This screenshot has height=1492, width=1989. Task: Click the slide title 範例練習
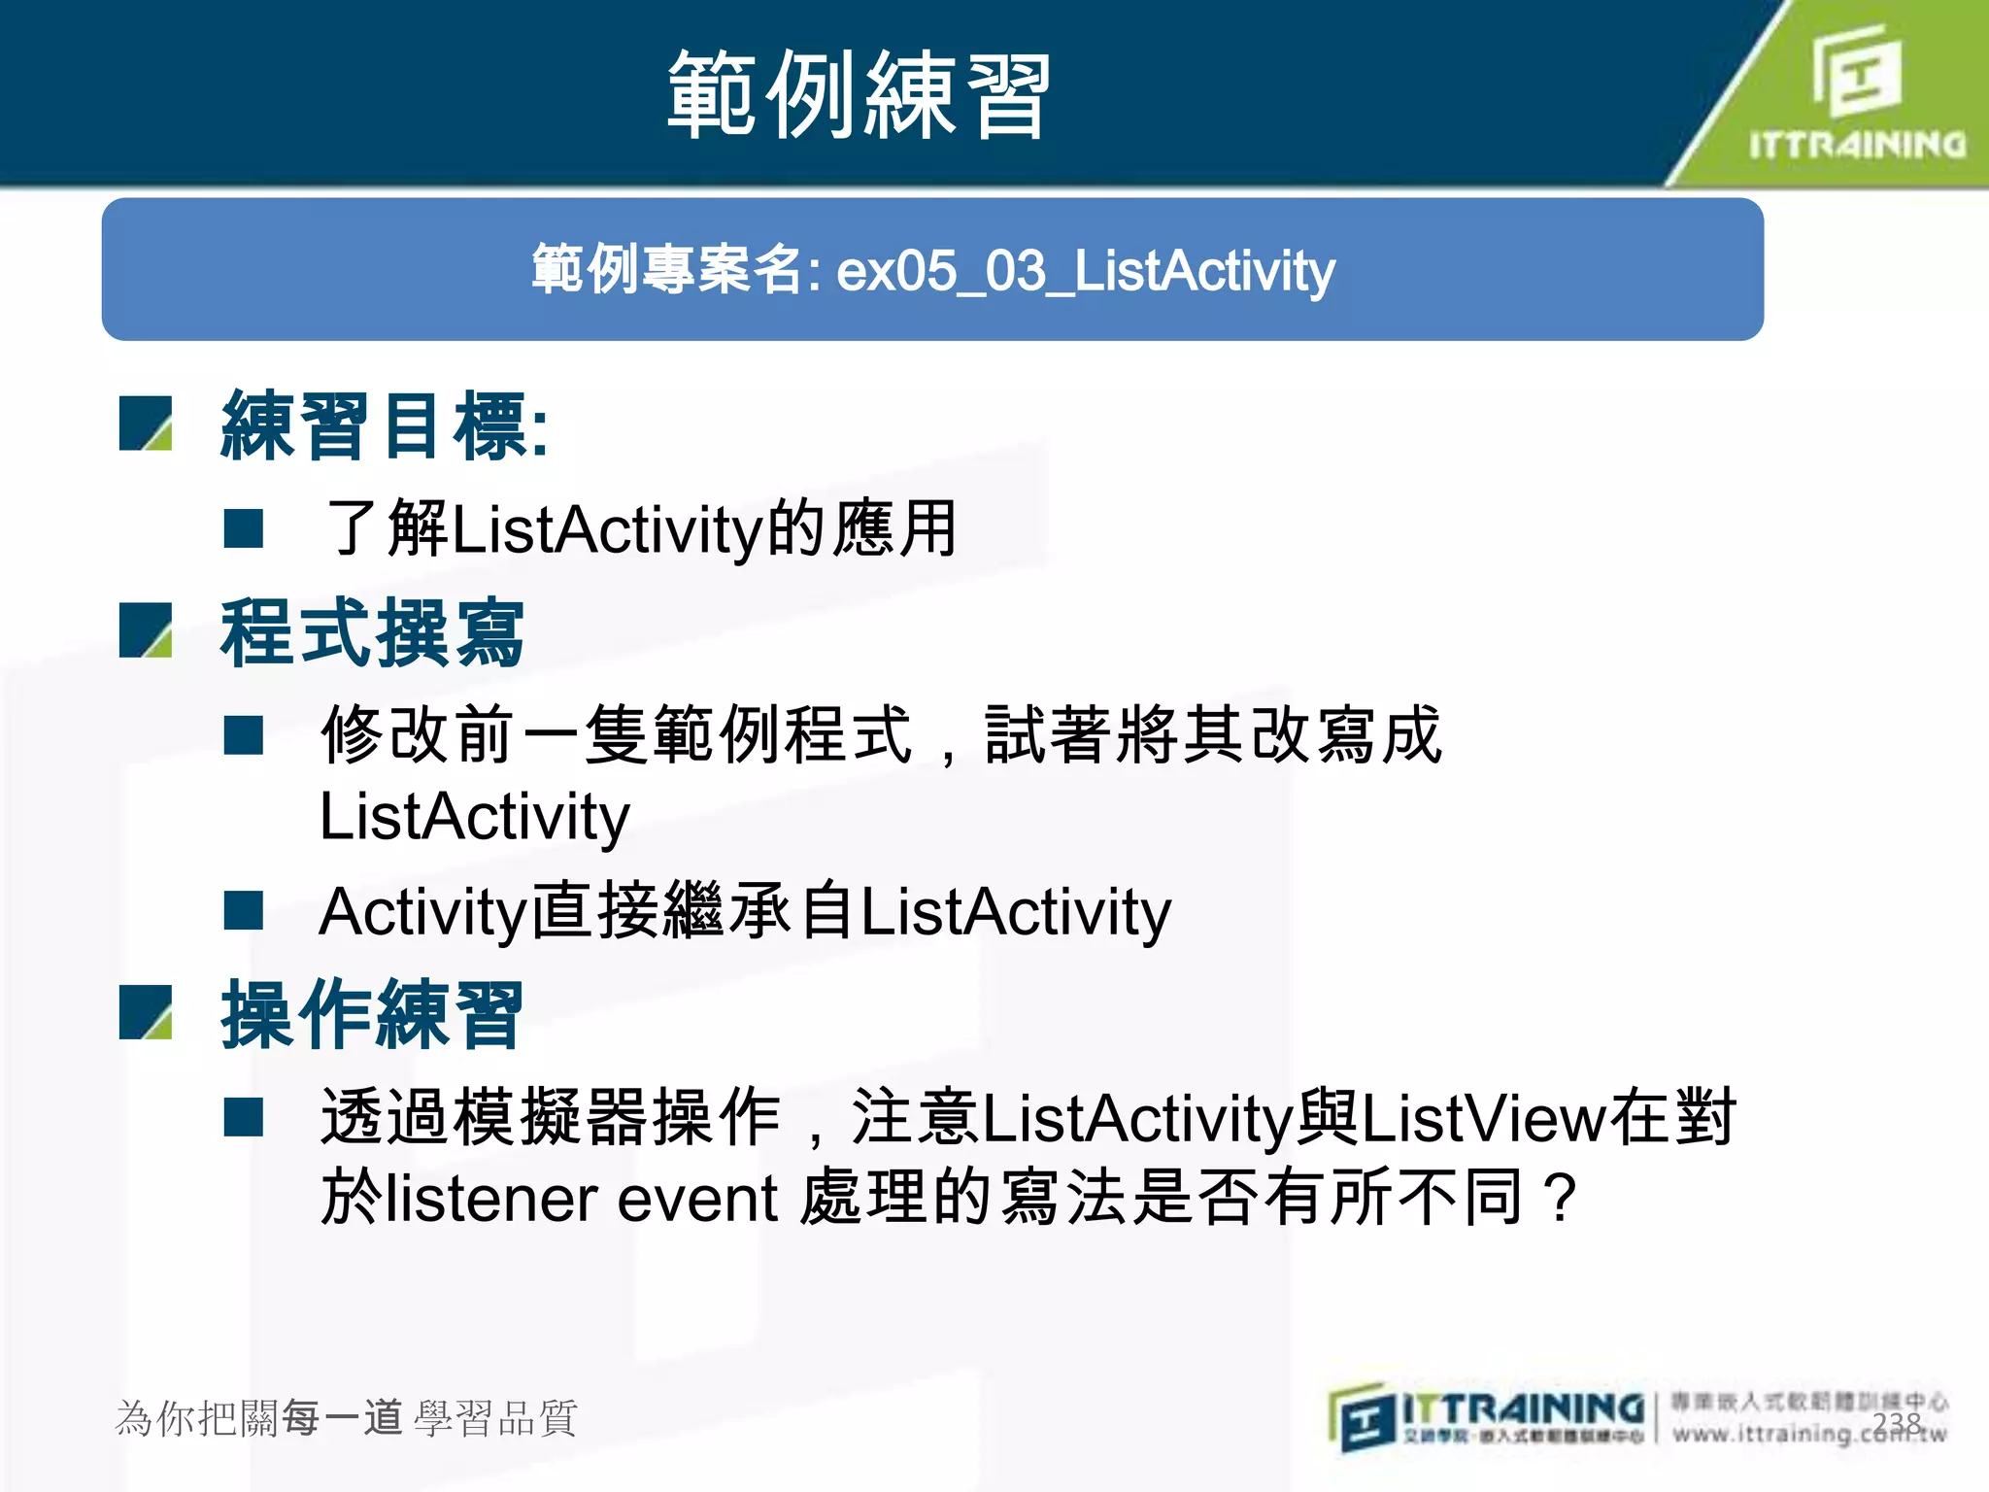point(859,95)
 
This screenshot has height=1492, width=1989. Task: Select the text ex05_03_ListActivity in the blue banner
point(1085,271)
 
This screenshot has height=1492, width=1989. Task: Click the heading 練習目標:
point(385,424)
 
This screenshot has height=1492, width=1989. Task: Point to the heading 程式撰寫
point(372,633)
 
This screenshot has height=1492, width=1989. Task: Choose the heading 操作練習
point(372,1015)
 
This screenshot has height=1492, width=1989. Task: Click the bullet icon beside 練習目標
point(146,424)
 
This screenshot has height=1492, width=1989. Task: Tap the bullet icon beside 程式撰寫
point(146,630)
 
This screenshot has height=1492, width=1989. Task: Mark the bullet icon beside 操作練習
point(146,1012)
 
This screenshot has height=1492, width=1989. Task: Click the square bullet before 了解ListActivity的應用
point(243,529)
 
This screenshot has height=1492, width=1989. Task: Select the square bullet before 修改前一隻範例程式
point(243,735)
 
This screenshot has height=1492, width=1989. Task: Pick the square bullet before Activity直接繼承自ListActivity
point(243,911)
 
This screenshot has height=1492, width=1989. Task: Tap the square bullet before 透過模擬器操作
point(243,1117)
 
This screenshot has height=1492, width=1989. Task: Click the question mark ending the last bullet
point(1562,1199)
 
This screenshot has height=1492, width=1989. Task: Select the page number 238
point(1897,1422)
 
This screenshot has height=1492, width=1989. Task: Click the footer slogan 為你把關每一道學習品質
point(346,1418)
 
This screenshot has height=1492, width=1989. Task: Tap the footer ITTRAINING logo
point(1487,1416)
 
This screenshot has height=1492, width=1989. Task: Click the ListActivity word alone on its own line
point(474,817)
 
